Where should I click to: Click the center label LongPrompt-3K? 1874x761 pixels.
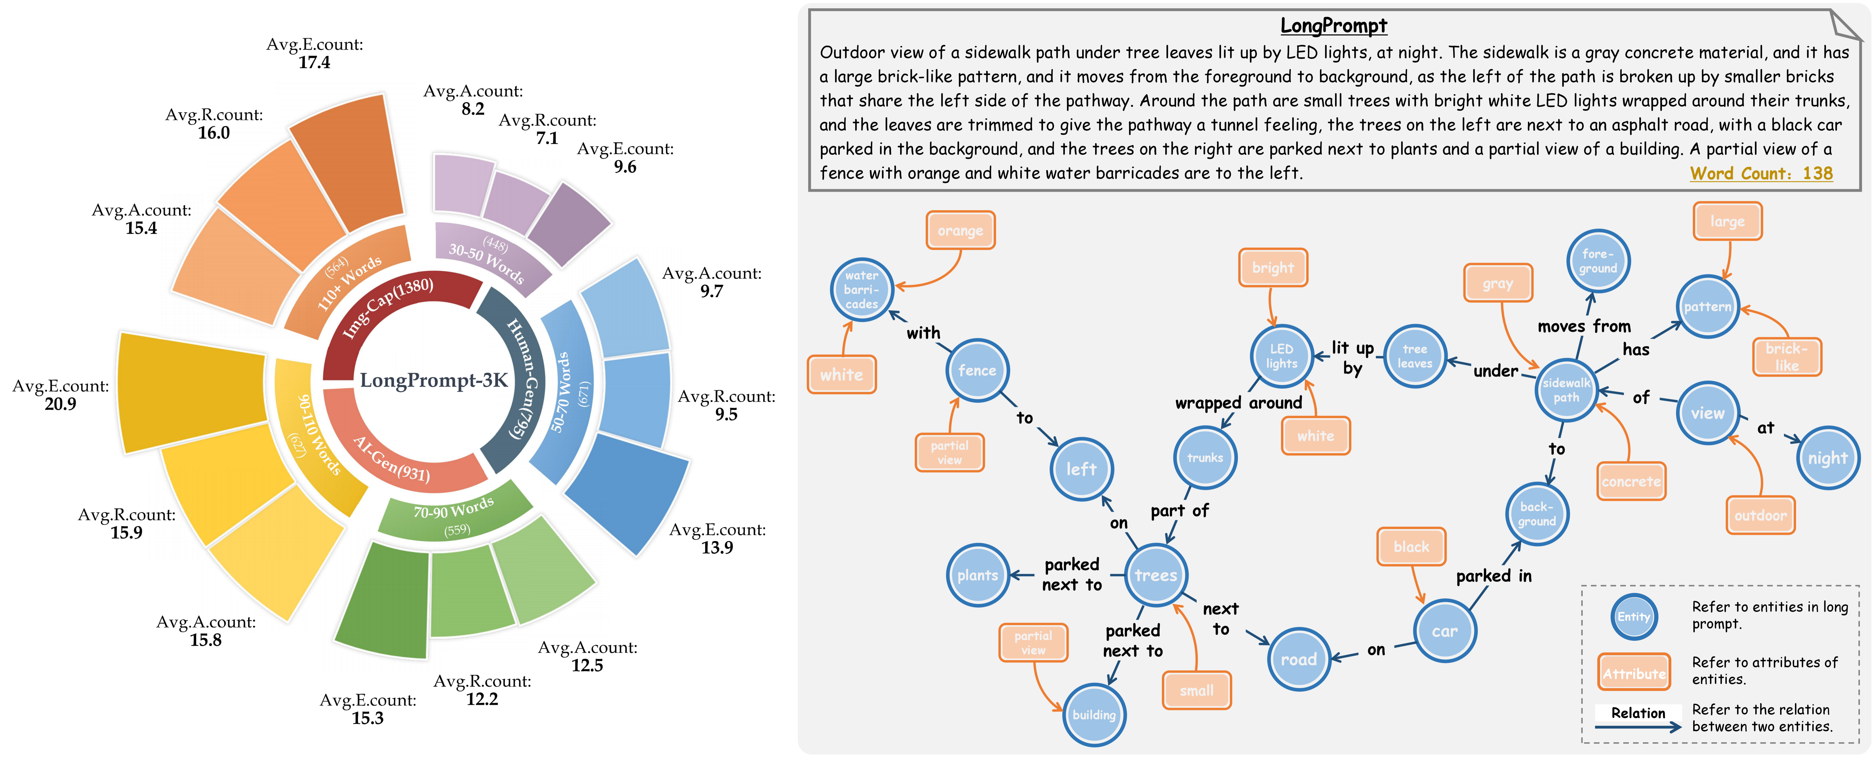[x=433, y=380]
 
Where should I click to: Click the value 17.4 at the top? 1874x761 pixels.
[x=314, y=63]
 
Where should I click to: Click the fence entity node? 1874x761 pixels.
[x=977, y=370]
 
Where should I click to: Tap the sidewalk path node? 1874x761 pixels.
[x=1566, y=390]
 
